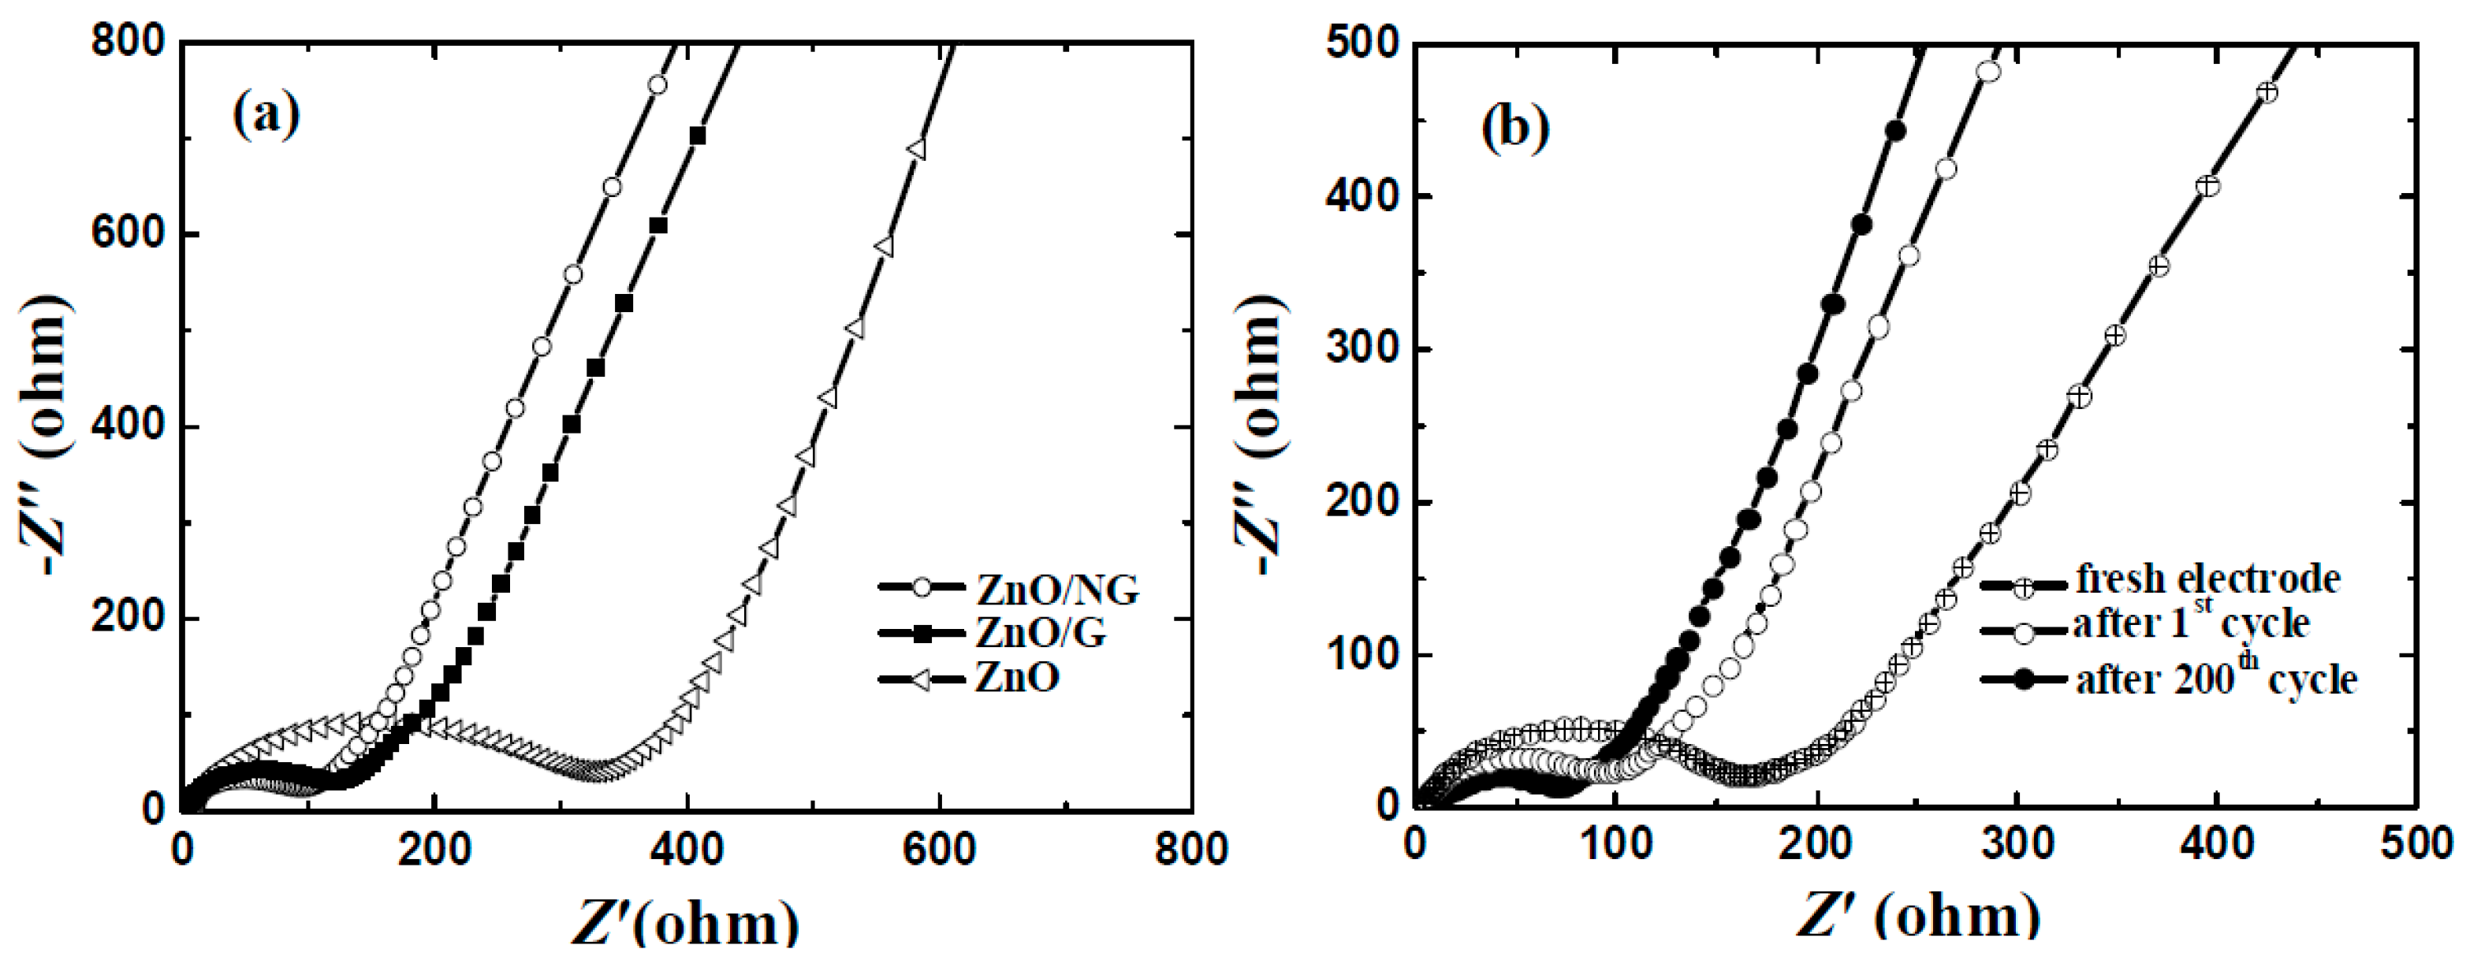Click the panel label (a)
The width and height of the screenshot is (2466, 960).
tap(266, 116)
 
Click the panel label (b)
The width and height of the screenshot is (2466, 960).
tap(1514, 128)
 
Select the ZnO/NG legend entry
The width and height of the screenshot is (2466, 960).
tap(1057, 589)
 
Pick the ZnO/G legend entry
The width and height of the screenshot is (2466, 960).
tap(1041, 633)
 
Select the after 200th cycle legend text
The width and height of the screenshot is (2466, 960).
tap(2216, 679)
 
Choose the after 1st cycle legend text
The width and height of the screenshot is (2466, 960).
tap(2192, 624)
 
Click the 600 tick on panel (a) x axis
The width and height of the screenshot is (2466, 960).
tap(939, 849)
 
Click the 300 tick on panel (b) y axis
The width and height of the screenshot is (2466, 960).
tap(1362, 349)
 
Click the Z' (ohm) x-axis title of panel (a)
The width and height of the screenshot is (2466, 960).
tap(684, 924)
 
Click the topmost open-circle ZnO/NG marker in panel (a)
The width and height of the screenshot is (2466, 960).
tap(657, 85)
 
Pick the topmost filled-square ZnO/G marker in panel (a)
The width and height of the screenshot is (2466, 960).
tap(697, 136)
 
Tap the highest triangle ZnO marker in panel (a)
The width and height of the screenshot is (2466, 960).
tap(916, 151)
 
